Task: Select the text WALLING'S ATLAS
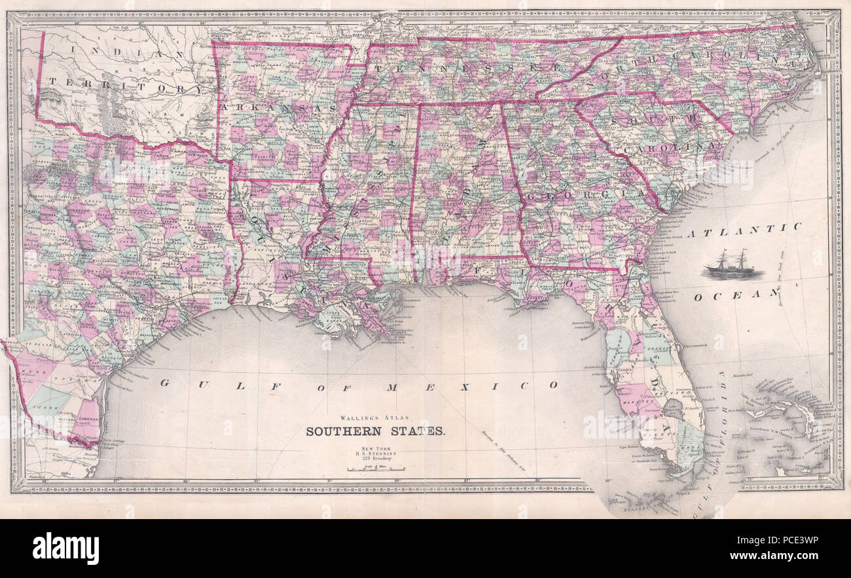376,417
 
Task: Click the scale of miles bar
376,469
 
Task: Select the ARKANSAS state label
280,106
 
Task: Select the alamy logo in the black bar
65,548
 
